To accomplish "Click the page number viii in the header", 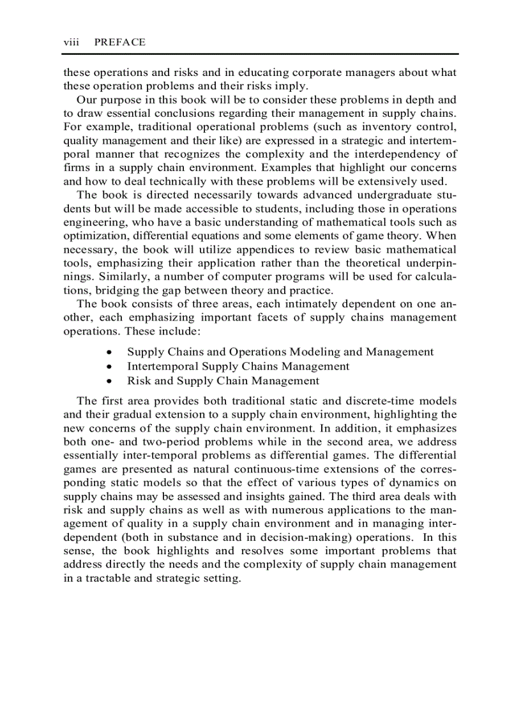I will click(70, 42).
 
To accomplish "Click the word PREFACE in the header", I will click(119, 42).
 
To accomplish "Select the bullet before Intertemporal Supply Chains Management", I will click(111, 366).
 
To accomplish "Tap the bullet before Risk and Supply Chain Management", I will click(111, 381).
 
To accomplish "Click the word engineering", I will click(93, 222).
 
